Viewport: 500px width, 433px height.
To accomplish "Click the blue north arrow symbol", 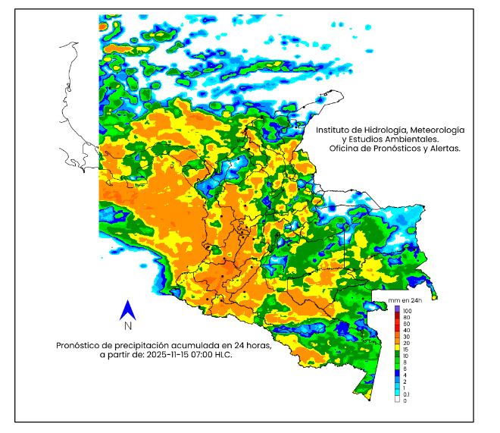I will [x=128, y=309].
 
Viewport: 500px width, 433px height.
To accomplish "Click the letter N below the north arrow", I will [x=128, y=326].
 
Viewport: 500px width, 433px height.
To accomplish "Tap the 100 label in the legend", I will [x=407, y=311].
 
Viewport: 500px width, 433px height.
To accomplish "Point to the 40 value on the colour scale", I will [x=406, y=331].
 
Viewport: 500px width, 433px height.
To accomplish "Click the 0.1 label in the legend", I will [x=407, y=394].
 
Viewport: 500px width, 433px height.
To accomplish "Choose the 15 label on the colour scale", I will [x=406, y=349].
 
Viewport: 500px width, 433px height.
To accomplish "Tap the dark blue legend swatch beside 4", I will [x=396, y=375].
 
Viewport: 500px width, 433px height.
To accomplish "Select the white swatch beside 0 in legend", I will [x=396, y=400].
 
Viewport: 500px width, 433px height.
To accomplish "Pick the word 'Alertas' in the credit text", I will [x=445, y=149].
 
